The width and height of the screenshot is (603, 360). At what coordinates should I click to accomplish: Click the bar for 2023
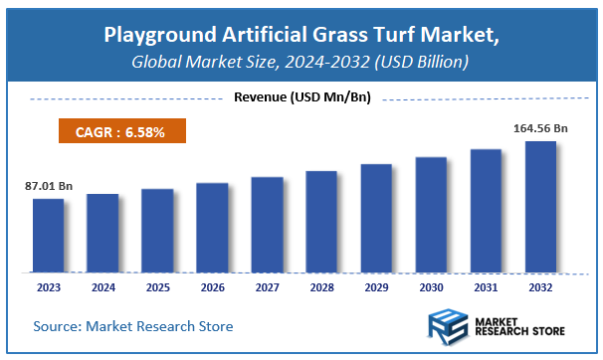[48, 235]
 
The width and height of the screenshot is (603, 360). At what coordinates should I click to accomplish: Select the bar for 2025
[157, 230]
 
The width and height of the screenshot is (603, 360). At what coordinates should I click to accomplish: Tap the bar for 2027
[267, 224]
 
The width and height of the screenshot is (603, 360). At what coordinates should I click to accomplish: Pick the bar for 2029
[376, 218]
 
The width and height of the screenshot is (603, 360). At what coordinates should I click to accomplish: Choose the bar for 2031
[486, 210]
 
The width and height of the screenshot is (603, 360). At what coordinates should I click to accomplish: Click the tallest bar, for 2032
[540, 206]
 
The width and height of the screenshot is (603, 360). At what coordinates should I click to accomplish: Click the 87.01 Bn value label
[48, 185]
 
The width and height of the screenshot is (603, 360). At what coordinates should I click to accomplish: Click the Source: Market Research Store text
[132, 326]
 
